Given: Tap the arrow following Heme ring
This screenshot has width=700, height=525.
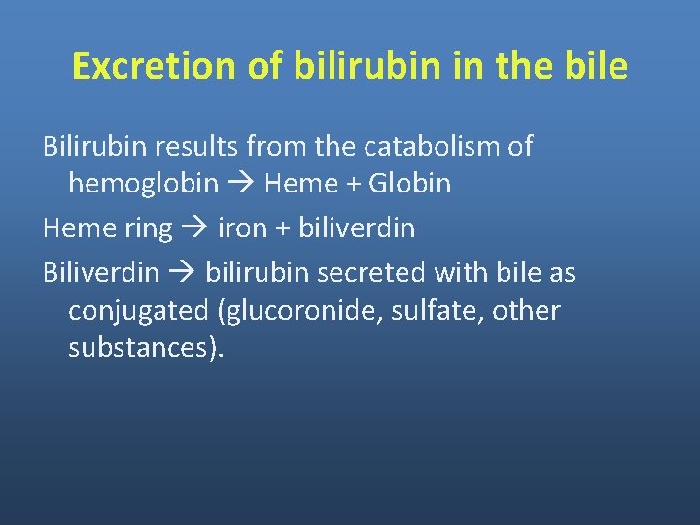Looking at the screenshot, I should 194,229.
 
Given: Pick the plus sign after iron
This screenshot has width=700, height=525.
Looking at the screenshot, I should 281,229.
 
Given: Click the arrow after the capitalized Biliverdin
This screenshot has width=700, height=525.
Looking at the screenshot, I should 182,274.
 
